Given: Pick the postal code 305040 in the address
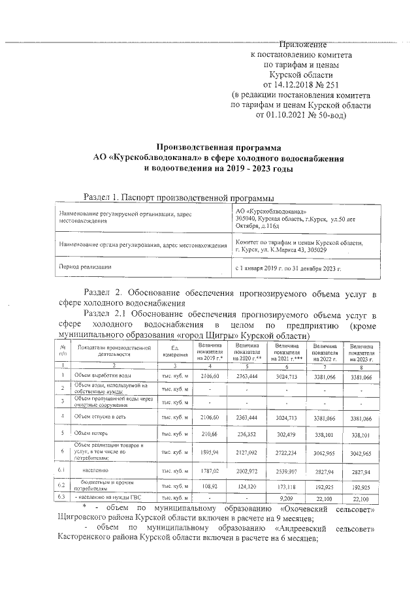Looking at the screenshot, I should [x=248, y=219].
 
